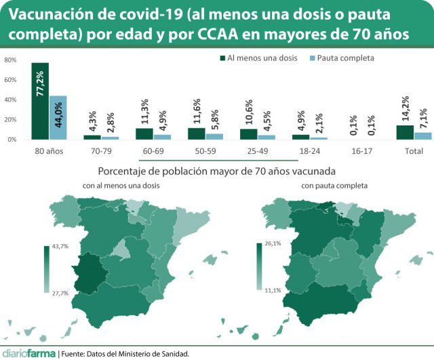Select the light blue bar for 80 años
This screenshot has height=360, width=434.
(x=58, y=118)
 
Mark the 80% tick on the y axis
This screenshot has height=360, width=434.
(x=11, y=60)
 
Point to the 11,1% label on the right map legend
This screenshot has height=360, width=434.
(x=273, y=290)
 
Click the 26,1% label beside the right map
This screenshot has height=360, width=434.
(x=273, y=243)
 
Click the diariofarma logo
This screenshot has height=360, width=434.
(x=28, y=353)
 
